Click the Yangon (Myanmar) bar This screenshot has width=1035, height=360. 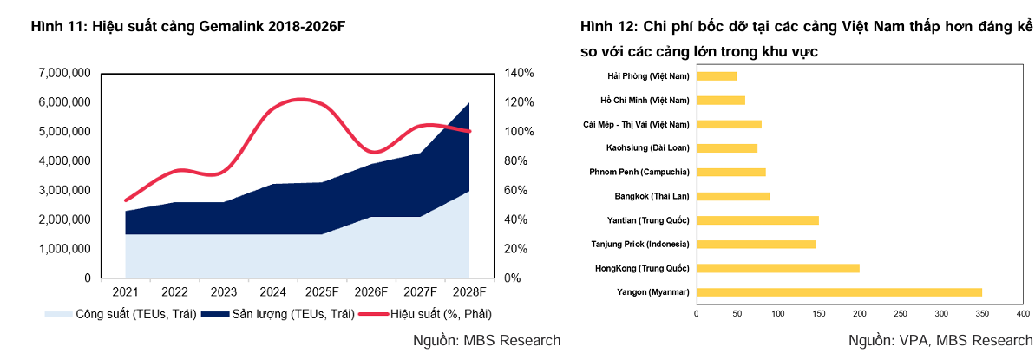839,292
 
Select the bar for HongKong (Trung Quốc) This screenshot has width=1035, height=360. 778,268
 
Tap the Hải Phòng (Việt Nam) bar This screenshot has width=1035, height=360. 717,75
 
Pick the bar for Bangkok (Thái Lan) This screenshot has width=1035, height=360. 733,196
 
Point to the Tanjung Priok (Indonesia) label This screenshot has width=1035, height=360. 640,245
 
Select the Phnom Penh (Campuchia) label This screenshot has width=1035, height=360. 639,172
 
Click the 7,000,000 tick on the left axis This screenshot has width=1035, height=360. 65,73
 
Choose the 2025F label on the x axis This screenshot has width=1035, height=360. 323,292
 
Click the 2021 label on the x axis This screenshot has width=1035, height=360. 126,292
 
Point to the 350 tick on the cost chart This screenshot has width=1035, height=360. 982,312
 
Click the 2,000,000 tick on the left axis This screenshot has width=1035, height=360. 65,219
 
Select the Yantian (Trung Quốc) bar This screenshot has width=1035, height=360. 757,220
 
